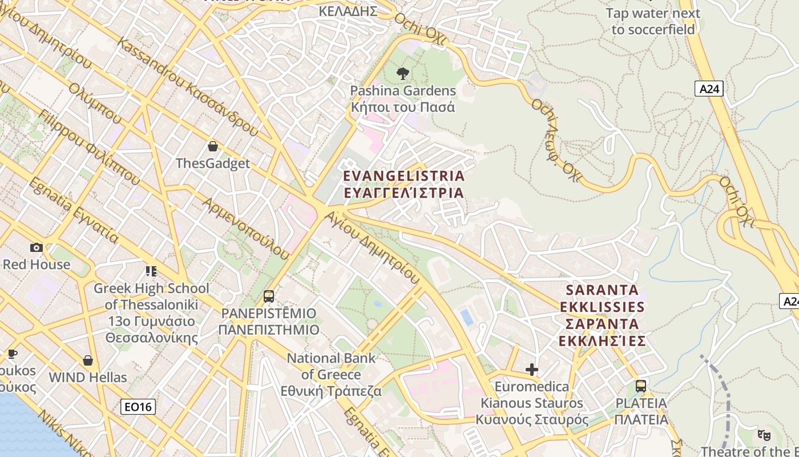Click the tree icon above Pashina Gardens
tap(403, 73)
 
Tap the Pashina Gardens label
tap(403, 99)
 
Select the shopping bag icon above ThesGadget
tap(213, 146)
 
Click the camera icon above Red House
tap(37, 247)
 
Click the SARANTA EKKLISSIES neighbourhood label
tap(603, 315)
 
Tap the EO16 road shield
tap(139, 407)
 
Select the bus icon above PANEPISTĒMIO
tap(268, 296)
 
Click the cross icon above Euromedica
tap(532, 370)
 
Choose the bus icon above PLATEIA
tap(641, 386)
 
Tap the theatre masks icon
tap(764, 435)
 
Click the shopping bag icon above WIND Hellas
tap(88, 360)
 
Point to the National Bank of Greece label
tap(332, 375)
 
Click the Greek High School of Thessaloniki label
tap(151, 312)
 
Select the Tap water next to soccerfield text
tap(653, 21)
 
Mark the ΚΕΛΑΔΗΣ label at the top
tap(348, 11)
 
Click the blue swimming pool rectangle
tap(467, 317)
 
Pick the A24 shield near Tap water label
tap(709, 89)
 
